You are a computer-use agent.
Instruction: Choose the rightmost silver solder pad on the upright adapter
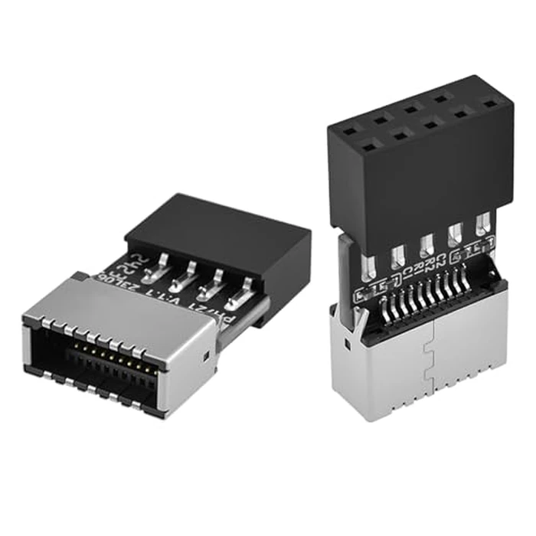(482, 227)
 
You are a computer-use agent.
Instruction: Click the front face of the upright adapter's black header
(421, 184)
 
